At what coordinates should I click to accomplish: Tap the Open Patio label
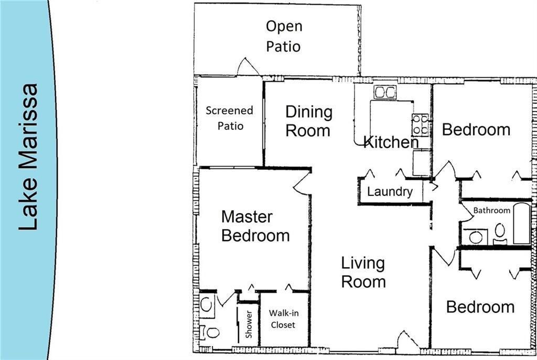[x=283, y=36]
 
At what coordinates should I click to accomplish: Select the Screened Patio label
[x=229, y=118]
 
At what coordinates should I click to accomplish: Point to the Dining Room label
[x=308, y=121]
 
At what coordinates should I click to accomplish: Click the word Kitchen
[x=391, y=141]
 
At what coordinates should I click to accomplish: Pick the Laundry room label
[x=390, y=192]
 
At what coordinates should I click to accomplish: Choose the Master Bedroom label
[x=255, y=226]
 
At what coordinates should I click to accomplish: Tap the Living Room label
[x=363, y=272]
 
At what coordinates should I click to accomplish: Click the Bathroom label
[x=491, y=211]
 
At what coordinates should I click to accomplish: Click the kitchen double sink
[x=384, y=92]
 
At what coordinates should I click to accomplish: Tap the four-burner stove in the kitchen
[x=421, y=125]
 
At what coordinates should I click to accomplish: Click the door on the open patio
[x=248, y=67]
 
